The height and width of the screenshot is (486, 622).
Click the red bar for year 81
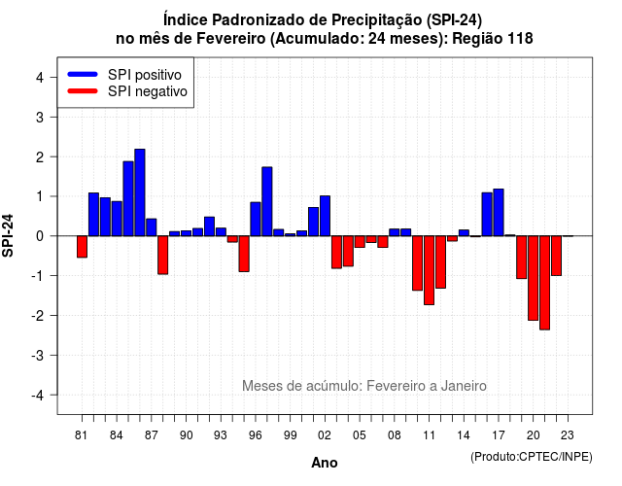point(82,247)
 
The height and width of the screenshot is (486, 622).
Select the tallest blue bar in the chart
point(140,192)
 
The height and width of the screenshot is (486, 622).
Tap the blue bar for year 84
point(117,219)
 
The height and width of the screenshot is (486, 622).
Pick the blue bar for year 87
point(152,227)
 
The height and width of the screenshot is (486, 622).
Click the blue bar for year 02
point(325,216)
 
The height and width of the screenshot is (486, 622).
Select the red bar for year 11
point(429,270)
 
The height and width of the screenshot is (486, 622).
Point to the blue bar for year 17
point(499,213)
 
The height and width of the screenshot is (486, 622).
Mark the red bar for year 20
point(534,278)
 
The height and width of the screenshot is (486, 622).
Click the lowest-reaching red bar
point(544,283)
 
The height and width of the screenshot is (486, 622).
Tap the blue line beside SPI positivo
point(83,74)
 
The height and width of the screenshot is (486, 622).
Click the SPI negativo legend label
point(148,91)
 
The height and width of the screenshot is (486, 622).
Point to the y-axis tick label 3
point(40,117)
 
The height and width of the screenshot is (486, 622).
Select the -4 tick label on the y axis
point(38,395)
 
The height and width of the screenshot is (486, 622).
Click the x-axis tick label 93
point(221,435)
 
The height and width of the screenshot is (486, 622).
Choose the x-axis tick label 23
point(568,435)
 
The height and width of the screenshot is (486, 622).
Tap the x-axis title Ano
point(325,463)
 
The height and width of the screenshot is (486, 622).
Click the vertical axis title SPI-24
point(8,235)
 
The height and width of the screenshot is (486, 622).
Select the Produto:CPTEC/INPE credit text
point(532,457)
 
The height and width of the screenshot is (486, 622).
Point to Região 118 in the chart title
point(493,39)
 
